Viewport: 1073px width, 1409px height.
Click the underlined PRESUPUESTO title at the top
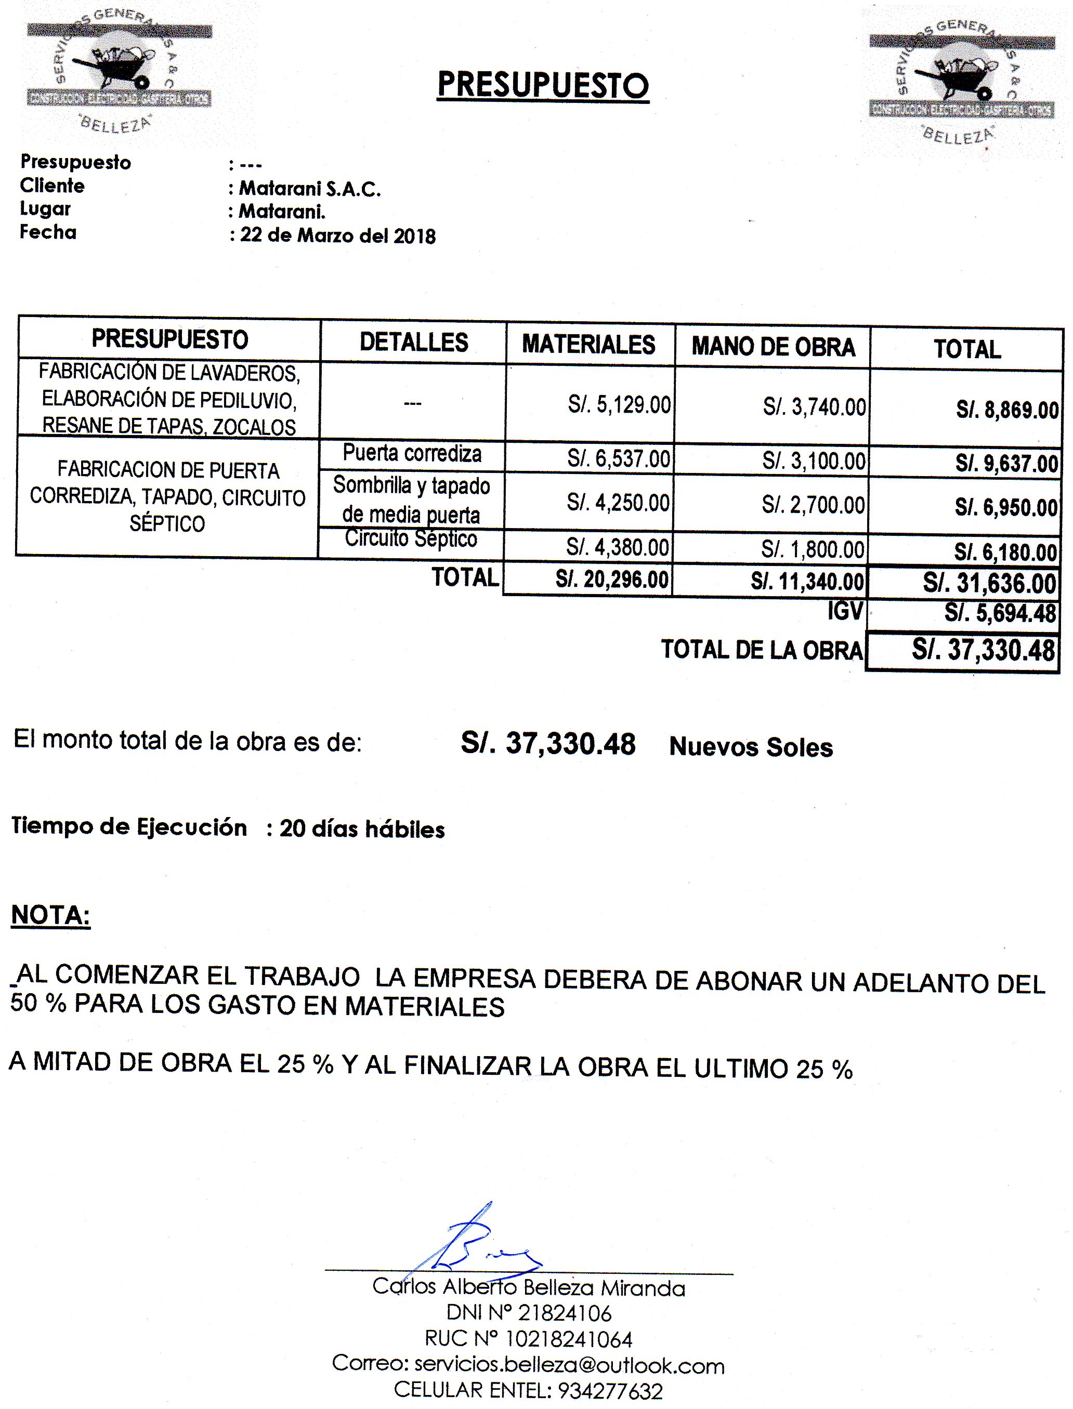pyautogui.click(x=543, y=85)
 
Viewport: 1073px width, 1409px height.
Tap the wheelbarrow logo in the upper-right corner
pyautogui.click(x=962, y=80)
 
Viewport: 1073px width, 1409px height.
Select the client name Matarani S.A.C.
pyautogui.click(x=310, y=189)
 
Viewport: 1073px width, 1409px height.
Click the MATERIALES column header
pyautogui.click(x=588, y=345)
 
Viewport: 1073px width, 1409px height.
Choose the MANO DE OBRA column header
pyautogui.click(x=773, y=347)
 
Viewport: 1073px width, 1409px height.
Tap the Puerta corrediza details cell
pyautogui.click(x=412, y=453)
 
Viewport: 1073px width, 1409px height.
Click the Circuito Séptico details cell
pyautogui.click(x=411, y=538)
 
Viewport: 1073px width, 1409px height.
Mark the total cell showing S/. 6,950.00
pyautogui.click(x=1006, y=508)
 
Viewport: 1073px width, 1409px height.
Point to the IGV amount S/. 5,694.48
pyautogui.click(x=1000, y=613)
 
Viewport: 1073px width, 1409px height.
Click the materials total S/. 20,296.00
pyautogui.click(x=611, y=580)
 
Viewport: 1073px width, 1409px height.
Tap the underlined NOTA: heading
pyautogui.click(x=50, y=915)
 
